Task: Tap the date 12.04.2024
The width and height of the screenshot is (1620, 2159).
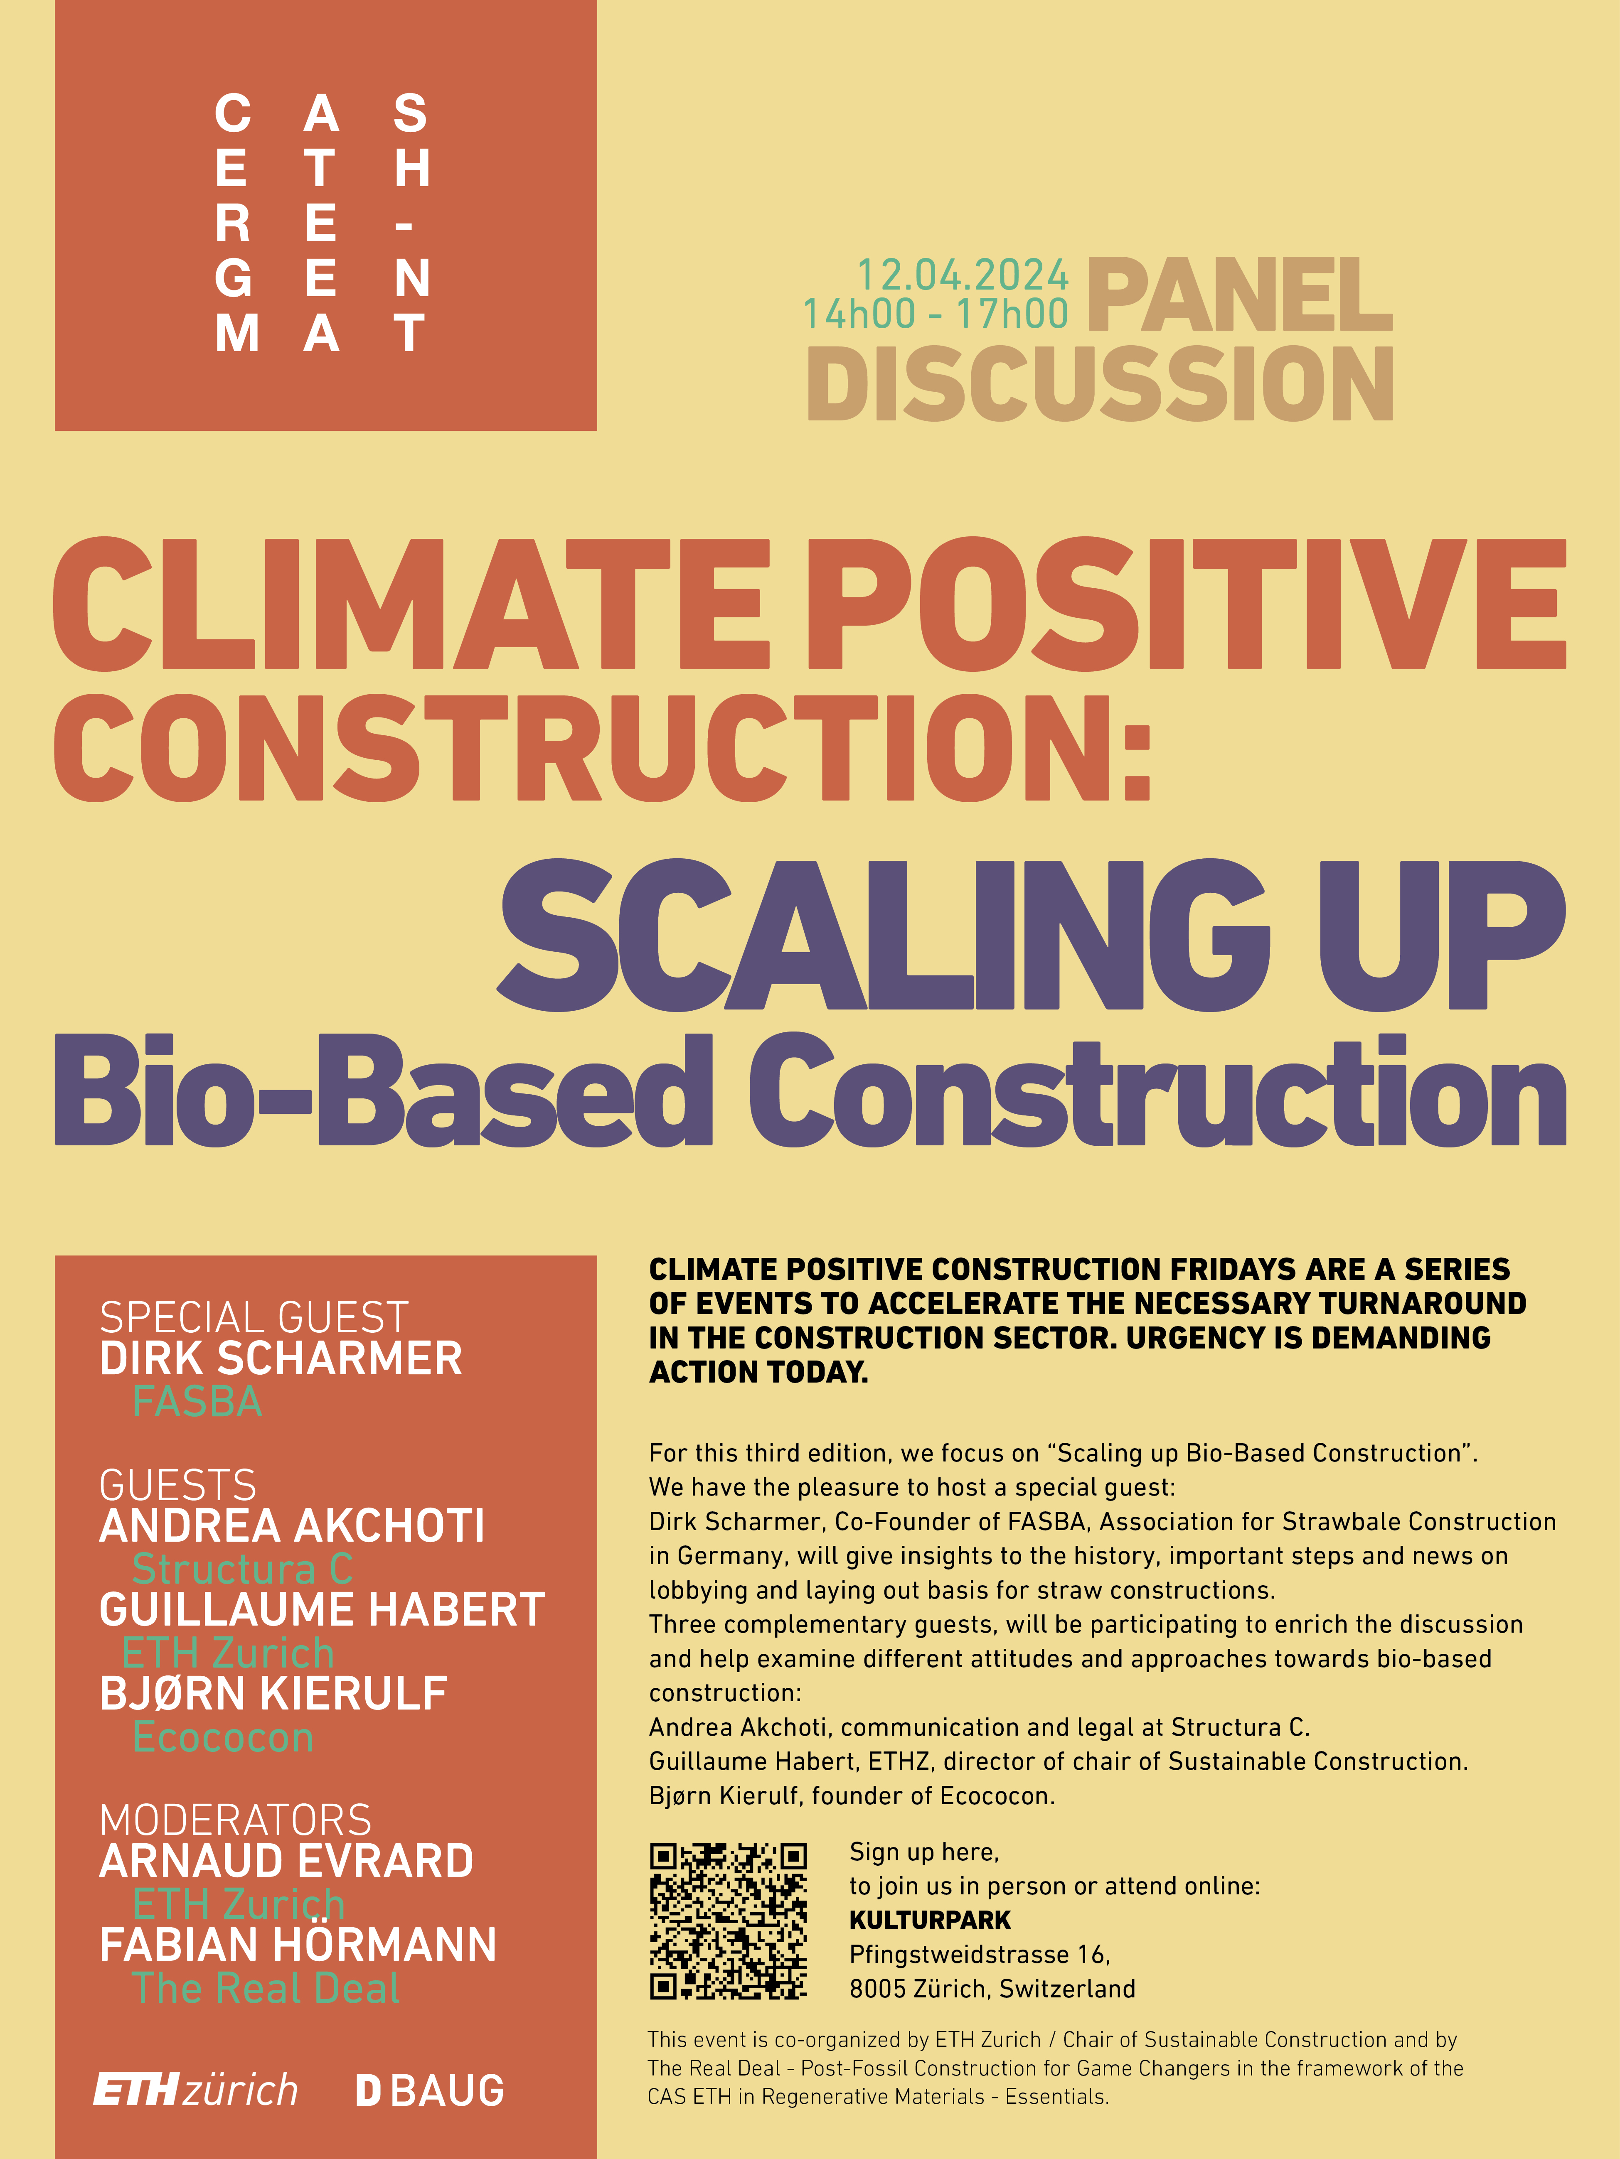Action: point(963,275)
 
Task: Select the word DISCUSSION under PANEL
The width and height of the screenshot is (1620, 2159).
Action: point(1101,383)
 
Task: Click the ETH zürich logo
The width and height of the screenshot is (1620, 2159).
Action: point(195,2090)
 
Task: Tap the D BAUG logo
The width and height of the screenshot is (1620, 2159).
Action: point(430,2090)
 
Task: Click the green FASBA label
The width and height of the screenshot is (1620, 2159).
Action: point(197,1402)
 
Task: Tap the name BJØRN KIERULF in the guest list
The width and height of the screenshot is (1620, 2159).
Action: point(273,1693)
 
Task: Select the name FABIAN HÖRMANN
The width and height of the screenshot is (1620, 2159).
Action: point(298,1944)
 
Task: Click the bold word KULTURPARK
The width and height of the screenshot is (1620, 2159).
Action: point(930,1920)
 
